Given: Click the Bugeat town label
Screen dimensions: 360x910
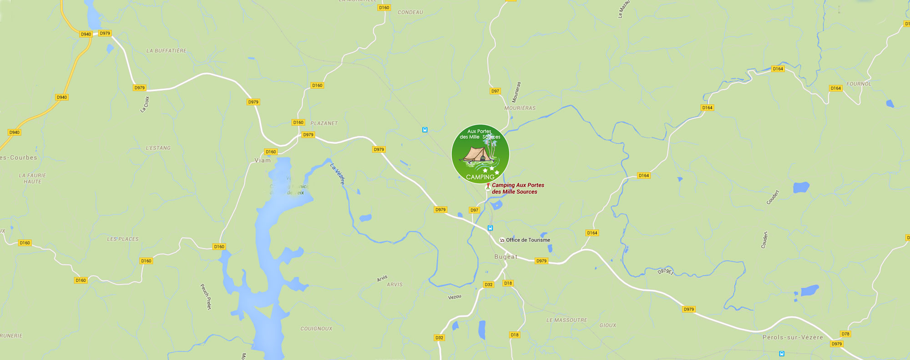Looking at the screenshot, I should (x=506, y=257).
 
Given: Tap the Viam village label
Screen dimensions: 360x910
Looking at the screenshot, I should (x=263, y=160).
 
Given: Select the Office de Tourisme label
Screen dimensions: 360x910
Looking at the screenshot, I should (x=528, y=240).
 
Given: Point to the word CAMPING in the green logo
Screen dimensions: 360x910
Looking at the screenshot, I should (x=480, y=177).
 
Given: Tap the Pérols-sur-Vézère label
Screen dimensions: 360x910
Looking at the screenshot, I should (x=793, y=337).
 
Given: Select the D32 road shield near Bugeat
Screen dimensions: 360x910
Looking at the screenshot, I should (x=488, y=284).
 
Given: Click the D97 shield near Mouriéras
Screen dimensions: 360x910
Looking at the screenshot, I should (x=495, y=91).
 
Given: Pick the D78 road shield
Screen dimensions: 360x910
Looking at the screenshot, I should (x=845, y=334).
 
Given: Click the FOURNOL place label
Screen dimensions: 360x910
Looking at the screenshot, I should (x=859, y=84).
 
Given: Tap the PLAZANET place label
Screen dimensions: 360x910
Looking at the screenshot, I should (x=324, y=123).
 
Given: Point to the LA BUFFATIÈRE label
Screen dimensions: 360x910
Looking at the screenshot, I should (x=166, y=51).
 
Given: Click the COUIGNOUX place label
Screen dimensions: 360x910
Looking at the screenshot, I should (x=316, y=329).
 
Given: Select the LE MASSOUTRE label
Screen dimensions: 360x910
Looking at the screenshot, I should (x=566, y=320).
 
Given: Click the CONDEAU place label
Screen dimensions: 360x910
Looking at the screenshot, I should (x=410, y=12).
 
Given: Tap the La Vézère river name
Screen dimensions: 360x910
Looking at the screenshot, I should (x=338, y=174).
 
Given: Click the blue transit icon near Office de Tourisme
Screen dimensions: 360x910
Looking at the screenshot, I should (x=490, y=228).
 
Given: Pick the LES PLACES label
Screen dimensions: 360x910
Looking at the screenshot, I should (x=122, y=239).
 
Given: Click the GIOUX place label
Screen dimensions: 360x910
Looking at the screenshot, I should (x=607, y=325).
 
